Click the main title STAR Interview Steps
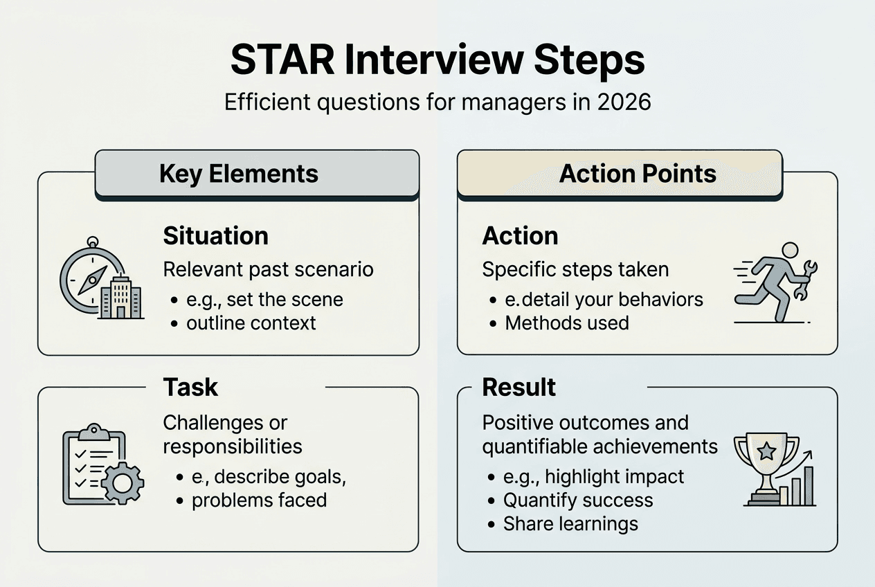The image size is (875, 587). [x=437, y=61]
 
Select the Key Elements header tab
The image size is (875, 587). [x=239, y=173]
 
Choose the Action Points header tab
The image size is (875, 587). [x=637, y=173]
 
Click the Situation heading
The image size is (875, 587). [x=215, y=236]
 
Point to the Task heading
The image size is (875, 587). [x=190, y=388]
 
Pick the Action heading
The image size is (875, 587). [x=520, y=236]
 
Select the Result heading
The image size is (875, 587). [x=518, y=388]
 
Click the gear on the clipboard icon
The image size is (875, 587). [x=123, y=482]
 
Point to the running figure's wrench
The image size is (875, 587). [x=804, y=280]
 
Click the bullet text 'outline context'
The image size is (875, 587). [x=251, y=323]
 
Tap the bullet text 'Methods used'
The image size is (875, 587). [x=566, y=323]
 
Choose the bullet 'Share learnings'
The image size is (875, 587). [x=570, y=524]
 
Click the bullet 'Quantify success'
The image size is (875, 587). [x=577, y=500]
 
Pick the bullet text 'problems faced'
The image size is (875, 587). [x=259, y=500]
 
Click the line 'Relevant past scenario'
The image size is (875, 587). [x=268, y=269]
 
